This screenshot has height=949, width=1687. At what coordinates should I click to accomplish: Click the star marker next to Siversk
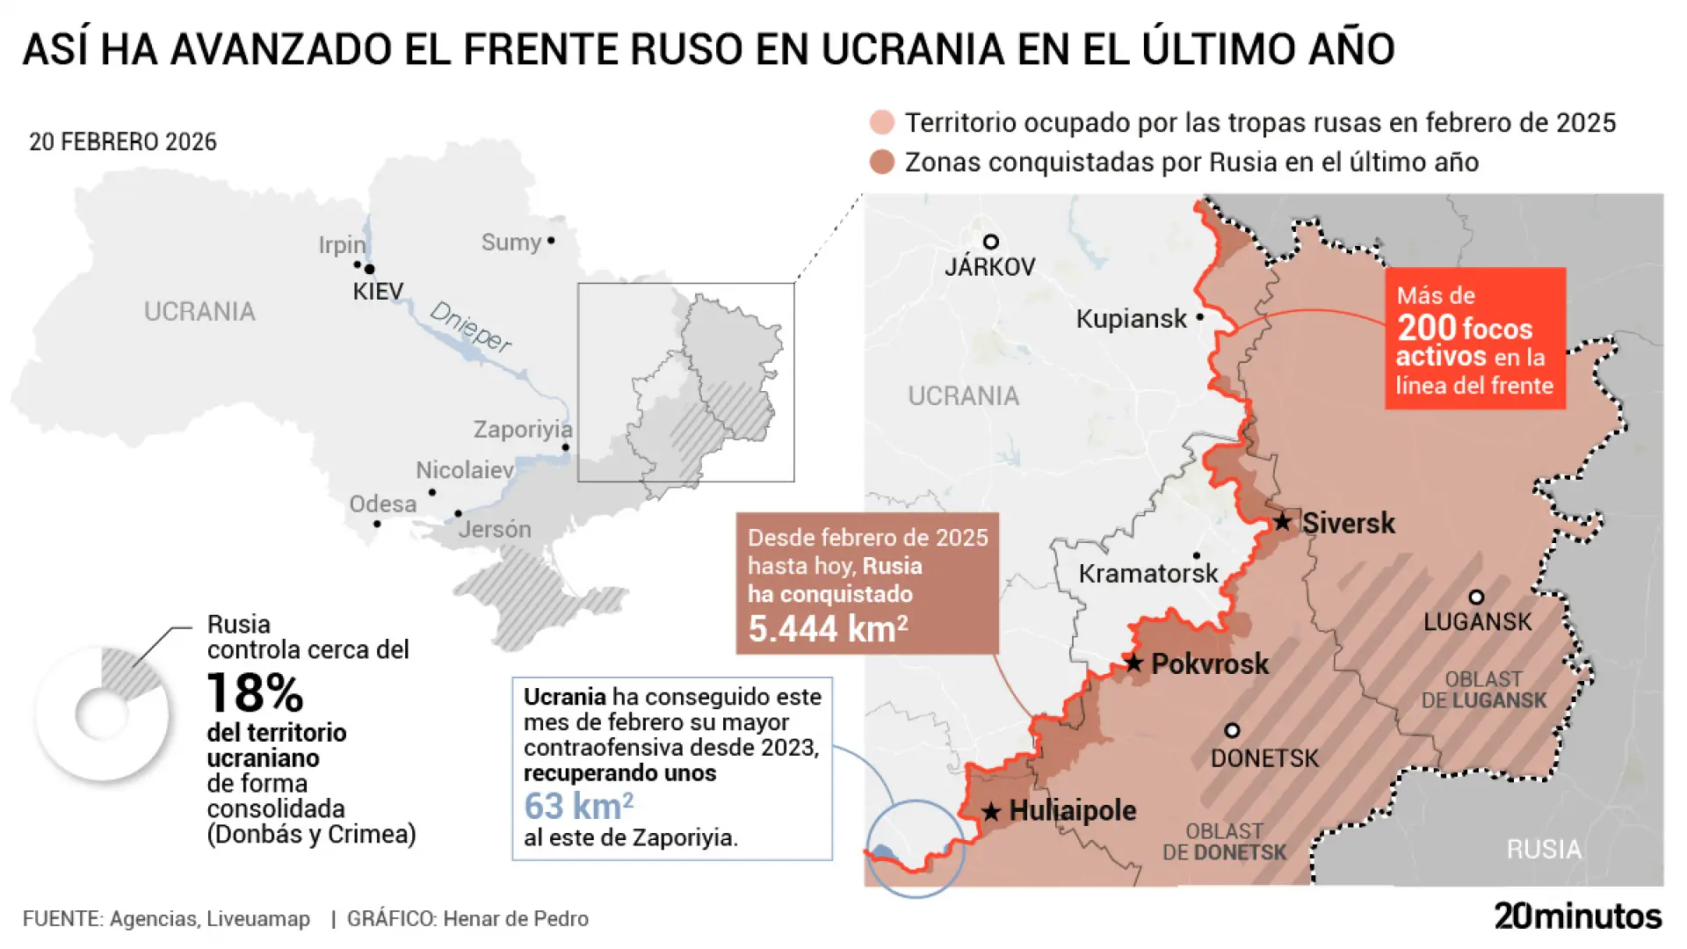1283,522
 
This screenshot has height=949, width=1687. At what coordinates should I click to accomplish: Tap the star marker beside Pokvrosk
1134,663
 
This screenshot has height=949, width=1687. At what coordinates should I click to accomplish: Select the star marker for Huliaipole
991,811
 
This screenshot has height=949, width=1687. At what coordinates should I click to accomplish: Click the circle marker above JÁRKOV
990,242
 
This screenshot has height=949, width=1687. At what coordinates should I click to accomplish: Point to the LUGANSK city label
1477,621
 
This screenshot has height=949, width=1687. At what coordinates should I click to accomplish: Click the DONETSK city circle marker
1232,730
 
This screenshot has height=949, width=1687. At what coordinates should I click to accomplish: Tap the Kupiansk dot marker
1199,317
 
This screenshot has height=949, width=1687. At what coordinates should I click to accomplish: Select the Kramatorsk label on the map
1148,574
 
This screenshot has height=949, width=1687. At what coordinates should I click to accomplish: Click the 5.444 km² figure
827,629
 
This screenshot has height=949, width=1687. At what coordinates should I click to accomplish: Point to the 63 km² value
578,806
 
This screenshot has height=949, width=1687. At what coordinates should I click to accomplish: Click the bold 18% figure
255,693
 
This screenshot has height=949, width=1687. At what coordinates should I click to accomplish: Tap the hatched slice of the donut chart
130,671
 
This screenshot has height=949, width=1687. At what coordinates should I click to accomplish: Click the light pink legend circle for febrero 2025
881,123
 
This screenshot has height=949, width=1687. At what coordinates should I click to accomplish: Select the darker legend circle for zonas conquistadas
881,163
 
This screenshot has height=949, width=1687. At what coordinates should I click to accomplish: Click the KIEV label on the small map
378,292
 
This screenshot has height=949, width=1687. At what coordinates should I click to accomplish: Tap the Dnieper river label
470,327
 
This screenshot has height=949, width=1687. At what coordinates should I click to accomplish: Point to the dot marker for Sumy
551,240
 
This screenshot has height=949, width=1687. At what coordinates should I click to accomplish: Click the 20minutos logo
1577,916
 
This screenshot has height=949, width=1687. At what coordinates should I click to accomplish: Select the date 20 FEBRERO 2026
123,141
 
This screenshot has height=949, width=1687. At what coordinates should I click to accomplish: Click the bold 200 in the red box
1427,328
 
